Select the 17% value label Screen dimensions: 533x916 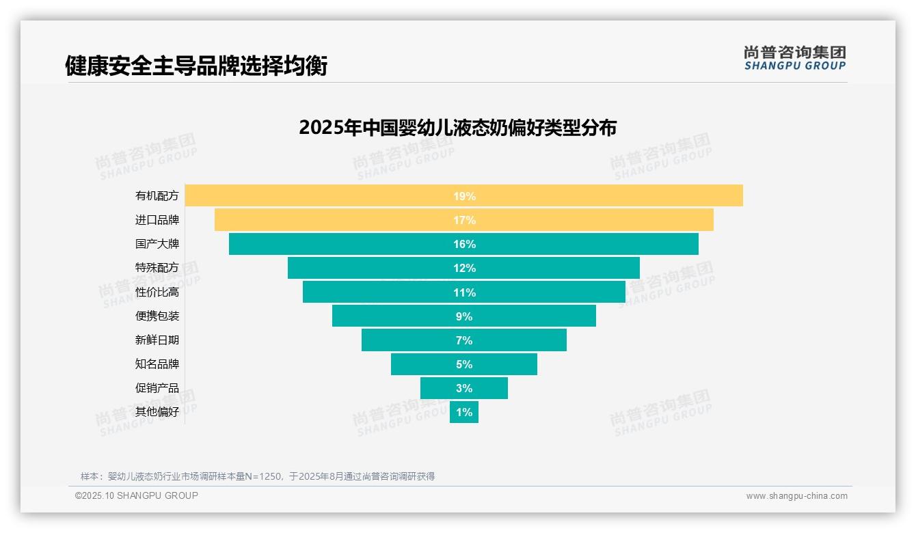tap(464, 220)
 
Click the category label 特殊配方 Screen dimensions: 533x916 tap(157, 268)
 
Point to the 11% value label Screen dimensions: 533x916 tap(464, 292)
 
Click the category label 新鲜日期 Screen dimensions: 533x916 tap(157, 340)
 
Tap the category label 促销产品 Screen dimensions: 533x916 tap(157, 387)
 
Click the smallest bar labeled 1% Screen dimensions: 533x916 tap(464, 412)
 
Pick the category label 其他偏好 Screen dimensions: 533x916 tap(157, 411)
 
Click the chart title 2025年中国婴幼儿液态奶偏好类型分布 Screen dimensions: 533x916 tap(457, 128)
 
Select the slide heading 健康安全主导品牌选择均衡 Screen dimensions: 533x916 tap(196, 66)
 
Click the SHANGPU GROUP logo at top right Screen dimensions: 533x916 tap(794, 58)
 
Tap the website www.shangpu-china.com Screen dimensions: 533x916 tap(796, 496)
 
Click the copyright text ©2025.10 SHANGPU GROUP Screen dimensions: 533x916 tap(137, 495)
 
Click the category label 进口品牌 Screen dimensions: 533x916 tap(157, 220)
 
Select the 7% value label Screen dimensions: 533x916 tap(464, 340)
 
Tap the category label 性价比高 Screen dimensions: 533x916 tap(157, 292)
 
